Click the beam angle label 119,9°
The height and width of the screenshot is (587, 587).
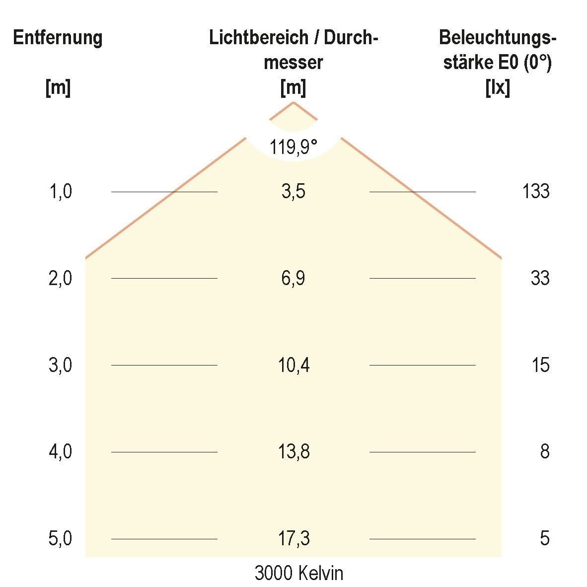click(x=293, y=147)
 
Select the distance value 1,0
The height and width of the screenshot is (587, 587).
click(x=61, y=191)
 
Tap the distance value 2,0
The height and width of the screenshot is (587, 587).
click(x=61, y=278)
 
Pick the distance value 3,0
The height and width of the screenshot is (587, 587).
click(x=61, y=365)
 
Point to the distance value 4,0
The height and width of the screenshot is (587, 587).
click(x=61, y=452)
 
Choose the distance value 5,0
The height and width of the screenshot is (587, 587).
click(x=61, y=538)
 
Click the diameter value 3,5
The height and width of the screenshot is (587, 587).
click(x=293, y=191)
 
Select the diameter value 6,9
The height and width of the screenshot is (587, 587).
click(x=293, y=278)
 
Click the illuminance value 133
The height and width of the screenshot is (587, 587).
click(x=535, y=191)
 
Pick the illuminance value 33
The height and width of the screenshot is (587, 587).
click(x=540, y=278)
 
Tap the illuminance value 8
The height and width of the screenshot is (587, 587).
click(x=544, y=452)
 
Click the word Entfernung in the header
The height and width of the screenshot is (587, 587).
click(x=58, y=38)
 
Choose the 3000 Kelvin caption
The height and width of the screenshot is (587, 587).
click(x=298, y=573)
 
